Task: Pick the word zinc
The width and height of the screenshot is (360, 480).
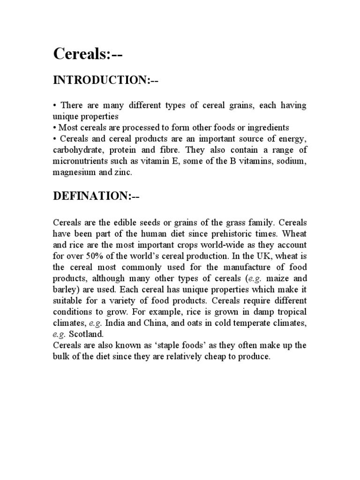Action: coord(123,172)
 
